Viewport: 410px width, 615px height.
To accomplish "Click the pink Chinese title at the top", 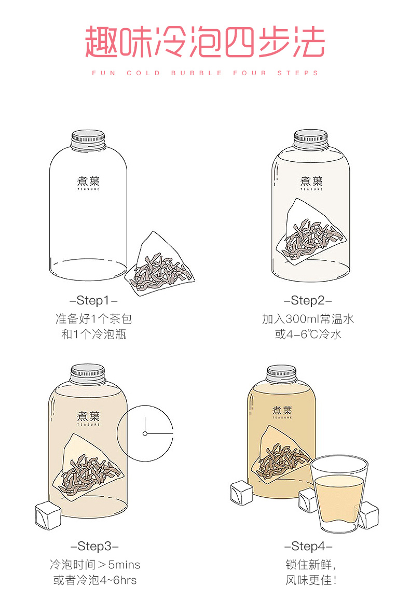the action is (x=205, y=42).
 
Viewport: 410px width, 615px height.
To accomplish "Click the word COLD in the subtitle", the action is (x=143, y=73).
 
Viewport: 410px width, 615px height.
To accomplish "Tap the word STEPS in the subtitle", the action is (x=298, y=73).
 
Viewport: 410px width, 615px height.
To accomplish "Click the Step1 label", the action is (x=93, y=300).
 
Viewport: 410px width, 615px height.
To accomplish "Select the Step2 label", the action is (x=308, y=300).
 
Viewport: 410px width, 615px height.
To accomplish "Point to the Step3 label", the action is (x=94, y=546).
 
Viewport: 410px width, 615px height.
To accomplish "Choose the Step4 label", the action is (x=309, y=546).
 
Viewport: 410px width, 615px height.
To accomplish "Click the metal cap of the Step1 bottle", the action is (x=88, y=139).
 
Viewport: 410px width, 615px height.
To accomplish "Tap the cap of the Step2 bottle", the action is (x=311, y=139).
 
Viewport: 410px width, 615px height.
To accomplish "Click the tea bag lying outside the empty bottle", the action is (x=160, y=263).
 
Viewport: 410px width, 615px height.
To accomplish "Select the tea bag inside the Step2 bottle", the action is (x=311, y=231).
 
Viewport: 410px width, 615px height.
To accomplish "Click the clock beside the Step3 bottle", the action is (x=145, y=434).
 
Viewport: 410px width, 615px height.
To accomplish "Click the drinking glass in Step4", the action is (x=338, y=494).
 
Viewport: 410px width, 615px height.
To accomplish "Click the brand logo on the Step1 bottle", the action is (x=88, y=183).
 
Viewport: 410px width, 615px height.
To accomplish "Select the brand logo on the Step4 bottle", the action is (x=282, y=412).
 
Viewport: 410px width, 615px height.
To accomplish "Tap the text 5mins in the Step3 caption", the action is (x=124, y=565).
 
